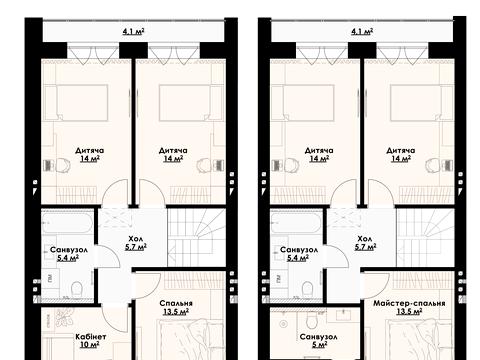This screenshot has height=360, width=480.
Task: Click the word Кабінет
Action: tap(91, 337)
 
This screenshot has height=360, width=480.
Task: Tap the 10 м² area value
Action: tap(90, 345)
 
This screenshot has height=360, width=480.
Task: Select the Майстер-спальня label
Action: tap(409, 303)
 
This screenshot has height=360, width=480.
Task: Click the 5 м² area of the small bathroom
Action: tap(319, 345)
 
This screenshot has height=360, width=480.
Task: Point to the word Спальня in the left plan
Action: tap(176, 303)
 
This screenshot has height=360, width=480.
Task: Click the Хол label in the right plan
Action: tap(364, 239)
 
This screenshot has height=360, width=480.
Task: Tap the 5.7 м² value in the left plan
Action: tap(136, 247)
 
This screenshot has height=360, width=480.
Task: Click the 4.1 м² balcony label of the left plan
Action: tap(133, 32)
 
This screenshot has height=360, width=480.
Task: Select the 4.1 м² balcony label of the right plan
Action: tap(362, 32)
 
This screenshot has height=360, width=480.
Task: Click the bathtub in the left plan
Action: tap(68, 223)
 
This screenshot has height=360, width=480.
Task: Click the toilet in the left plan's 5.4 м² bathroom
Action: tap(77, 289)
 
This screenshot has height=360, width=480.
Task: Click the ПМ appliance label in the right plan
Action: tap(278, 278)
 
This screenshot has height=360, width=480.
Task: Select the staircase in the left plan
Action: tap(196, 237)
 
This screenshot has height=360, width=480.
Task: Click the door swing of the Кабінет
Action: tap(115, 317)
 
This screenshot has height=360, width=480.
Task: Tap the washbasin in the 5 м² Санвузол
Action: tap(342, 314)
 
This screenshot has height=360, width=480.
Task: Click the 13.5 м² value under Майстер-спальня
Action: tap(409, 312)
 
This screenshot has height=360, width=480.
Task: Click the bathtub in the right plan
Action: tap(296, 223)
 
